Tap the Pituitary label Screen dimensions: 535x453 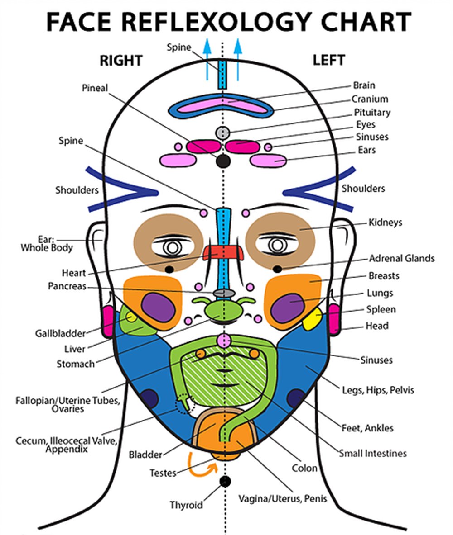coord(372,112)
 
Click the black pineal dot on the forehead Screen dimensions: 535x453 coord(222,161)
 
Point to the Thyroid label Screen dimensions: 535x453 coord(186,505)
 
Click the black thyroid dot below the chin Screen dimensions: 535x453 coord(224,481)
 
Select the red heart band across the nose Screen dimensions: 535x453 coord(222,252)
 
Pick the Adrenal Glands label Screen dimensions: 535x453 coord(401,259)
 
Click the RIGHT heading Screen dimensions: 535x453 coord(121,61)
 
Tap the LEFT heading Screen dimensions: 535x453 coord(328,60)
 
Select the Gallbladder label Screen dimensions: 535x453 coord(60,334)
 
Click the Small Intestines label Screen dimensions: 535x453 coord(373,453)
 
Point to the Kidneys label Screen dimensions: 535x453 coord(385,223)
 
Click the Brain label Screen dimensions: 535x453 coord(364,85)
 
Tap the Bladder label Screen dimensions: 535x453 coord(145,454)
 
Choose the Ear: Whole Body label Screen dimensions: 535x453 coord(47,244)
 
